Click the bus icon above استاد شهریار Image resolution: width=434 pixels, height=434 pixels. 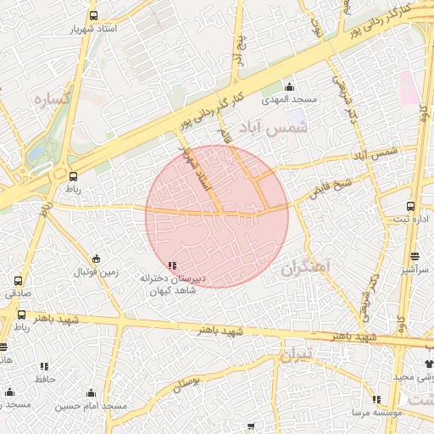pyautogui.click(x=92, y=14)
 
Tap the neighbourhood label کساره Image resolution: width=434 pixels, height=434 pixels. pyautogui.click(x=51, y=99)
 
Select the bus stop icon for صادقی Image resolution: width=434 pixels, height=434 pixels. pyautogui.click(x=19, y=281)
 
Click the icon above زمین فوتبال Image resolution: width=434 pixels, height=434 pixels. pyautogui.click(x=96, y=259)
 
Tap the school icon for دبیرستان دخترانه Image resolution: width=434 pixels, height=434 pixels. pyautogui.click(x=173, y=265)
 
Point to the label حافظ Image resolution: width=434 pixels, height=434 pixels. pyautogui.click(x=44, y=379)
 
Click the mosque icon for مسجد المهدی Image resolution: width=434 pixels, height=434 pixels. pyautogui.click(x=289, y=86)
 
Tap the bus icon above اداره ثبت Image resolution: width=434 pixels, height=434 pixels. pyautogui.click(x=411, y=206)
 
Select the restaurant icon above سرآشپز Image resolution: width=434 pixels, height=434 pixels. pyautogui.click(x=415, y=256)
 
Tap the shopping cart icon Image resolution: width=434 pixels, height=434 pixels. pyautogui.click(x=250, y=426)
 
